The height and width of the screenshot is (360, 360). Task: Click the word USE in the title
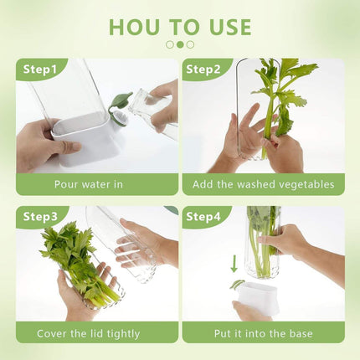pyautogui.click(x=224, y=27)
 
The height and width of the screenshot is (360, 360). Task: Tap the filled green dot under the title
pyautogui.click(x=180, y=44)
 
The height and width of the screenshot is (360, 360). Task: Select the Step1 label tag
pyautogui.click(x=39, y=69)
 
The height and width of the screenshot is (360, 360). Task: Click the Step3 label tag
pyautogui.click(x=39, y=218)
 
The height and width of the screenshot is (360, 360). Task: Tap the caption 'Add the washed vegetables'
pyautogui.click(x=264, y=184)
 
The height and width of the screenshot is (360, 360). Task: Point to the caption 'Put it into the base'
pyautogui.click(x=264, y=333)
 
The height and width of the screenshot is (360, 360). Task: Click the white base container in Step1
pyautogui.click(x=88, y=142)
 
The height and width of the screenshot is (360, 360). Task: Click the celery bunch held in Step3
pyautogui.click(x=75, y=260)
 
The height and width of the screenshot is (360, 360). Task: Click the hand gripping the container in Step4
pyautogui.click(x=285, y=243)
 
